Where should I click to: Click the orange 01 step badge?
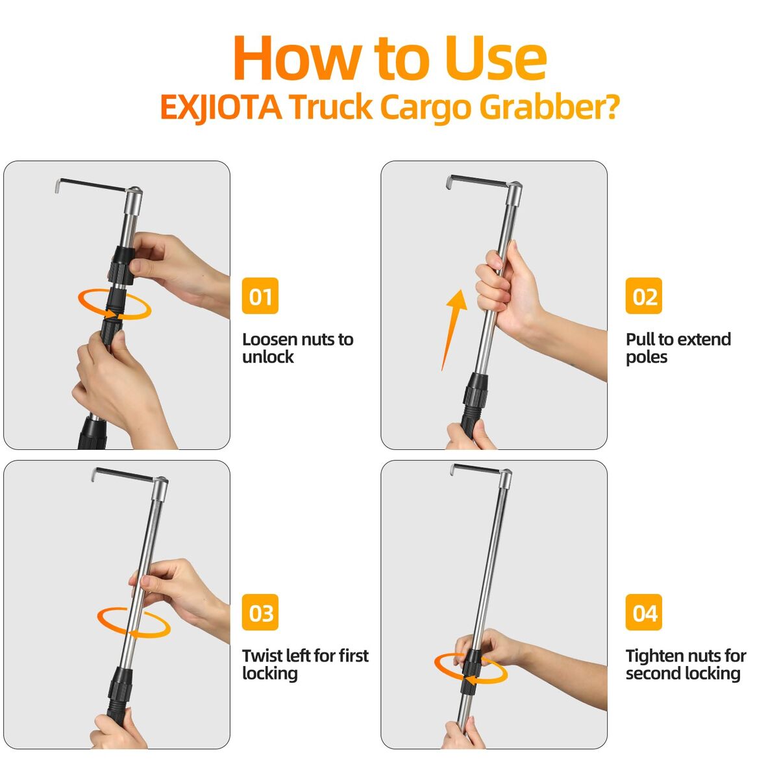pyautogui.click(x=260, y=295)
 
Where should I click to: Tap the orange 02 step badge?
pyautogui.click(x=643, y=295)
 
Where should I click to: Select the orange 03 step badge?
pyautogui.click(x=260, y=612)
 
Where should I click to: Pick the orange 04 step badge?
pyautogui.click(x=643, y=612)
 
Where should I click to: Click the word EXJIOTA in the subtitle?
pyautogui.click(x=221, y=108)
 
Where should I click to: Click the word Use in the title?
pyautogui.click(x=495, y=58)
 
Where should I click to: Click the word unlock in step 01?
pyautogui.click(x=268, y=357)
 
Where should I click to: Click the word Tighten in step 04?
pyautogui.click(x=655, y=656)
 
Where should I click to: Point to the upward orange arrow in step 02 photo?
pyautogui.click(x=454, y=330)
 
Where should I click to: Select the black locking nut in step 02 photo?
pyautogui.click(x=475, y=391)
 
